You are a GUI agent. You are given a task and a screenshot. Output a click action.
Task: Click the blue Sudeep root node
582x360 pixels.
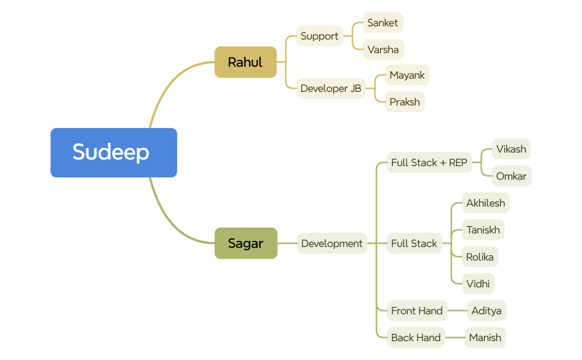114,152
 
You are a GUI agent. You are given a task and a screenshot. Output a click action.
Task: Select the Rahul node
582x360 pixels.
246,62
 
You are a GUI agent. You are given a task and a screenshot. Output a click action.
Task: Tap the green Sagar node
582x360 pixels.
246,243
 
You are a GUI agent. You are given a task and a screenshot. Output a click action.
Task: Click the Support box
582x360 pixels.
319,36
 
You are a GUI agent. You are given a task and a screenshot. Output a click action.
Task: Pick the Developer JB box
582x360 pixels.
331,89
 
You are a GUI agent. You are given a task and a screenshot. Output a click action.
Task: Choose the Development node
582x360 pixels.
331,243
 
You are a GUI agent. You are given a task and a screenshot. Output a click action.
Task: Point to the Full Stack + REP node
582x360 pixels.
429,162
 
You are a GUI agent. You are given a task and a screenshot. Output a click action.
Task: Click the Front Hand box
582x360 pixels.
417,311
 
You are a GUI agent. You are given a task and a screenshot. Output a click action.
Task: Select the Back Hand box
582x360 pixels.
416,337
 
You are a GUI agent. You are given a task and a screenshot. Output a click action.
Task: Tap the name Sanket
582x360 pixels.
382,23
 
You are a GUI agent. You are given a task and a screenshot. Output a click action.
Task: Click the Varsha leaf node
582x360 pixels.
383,49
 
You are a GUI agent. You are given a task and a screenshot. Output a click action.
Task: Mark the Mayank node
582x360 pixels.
407,75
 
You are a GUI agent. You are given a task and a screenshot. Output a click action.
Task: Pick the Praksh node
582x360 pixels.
405,102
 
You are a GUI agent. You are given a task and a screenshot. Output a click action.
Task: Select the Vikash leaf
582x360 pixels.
510,149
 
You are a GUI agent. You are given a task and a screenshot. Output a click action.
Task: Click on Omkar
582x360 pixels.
511,176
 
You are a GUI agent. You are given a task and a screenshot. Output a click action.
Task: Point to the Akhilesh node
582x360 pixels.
486,203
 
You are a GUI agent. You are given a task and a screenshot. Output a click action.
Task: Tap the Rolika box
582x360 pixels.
479,256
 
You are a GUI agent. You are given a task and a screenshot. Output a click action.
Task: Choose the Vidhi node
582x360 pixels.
478,284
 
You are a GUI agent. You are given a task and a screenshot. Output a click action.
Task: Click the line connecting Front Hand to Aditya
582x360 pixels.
457,311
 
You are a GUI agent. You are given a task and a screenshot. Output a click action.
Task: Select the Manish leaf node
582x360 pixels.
485,337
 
